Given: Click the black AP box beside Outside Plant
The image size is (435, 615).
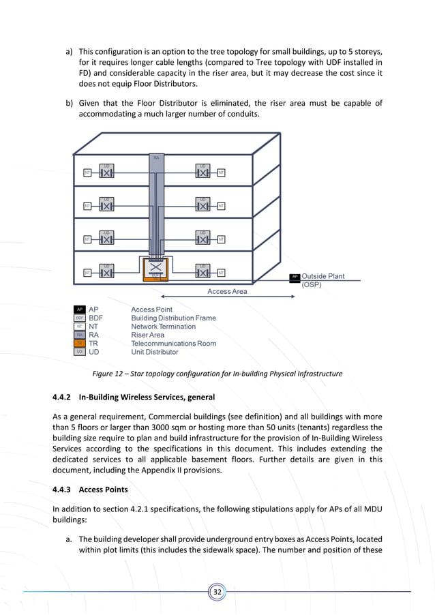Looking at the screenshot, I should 295,277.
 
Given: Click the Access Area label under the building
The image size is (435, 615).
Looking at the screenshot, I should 227,291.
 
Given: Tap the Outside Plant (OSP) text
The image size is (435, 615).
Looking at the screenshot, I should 322,280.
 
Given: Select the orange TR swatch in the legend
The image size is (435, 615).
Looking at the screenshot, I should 80,344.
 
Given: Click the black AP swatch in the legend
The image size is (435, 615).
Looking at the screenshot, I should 80,310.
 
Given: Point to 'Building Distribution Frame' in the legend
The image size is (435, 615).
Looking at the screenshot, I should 173,318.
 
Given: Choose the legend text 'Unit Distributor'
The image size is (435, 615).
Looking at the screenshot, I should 155,352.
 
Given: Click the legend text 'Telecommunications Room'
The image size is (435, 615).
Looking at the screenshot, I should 173,344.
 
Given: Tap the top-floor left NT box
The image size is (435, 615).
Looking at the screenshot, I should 87,172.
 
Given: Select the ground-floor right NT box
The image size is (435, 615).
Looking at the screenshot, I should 222,273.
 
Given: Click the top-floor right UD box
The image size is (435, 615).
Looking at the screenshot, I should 202,172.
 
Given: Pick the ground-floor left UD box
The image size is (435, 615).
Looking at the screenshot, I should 106,273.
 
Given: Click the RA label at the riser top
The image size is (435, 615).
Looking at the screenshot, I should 156,157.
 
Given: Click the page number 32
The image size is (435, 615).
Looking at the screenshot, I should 217,592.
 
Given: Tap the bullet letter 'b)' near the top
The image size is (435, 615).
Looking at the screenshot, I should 70,103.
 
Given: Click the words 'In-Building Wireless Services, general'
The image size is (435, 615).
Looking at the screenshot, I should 147,397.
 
